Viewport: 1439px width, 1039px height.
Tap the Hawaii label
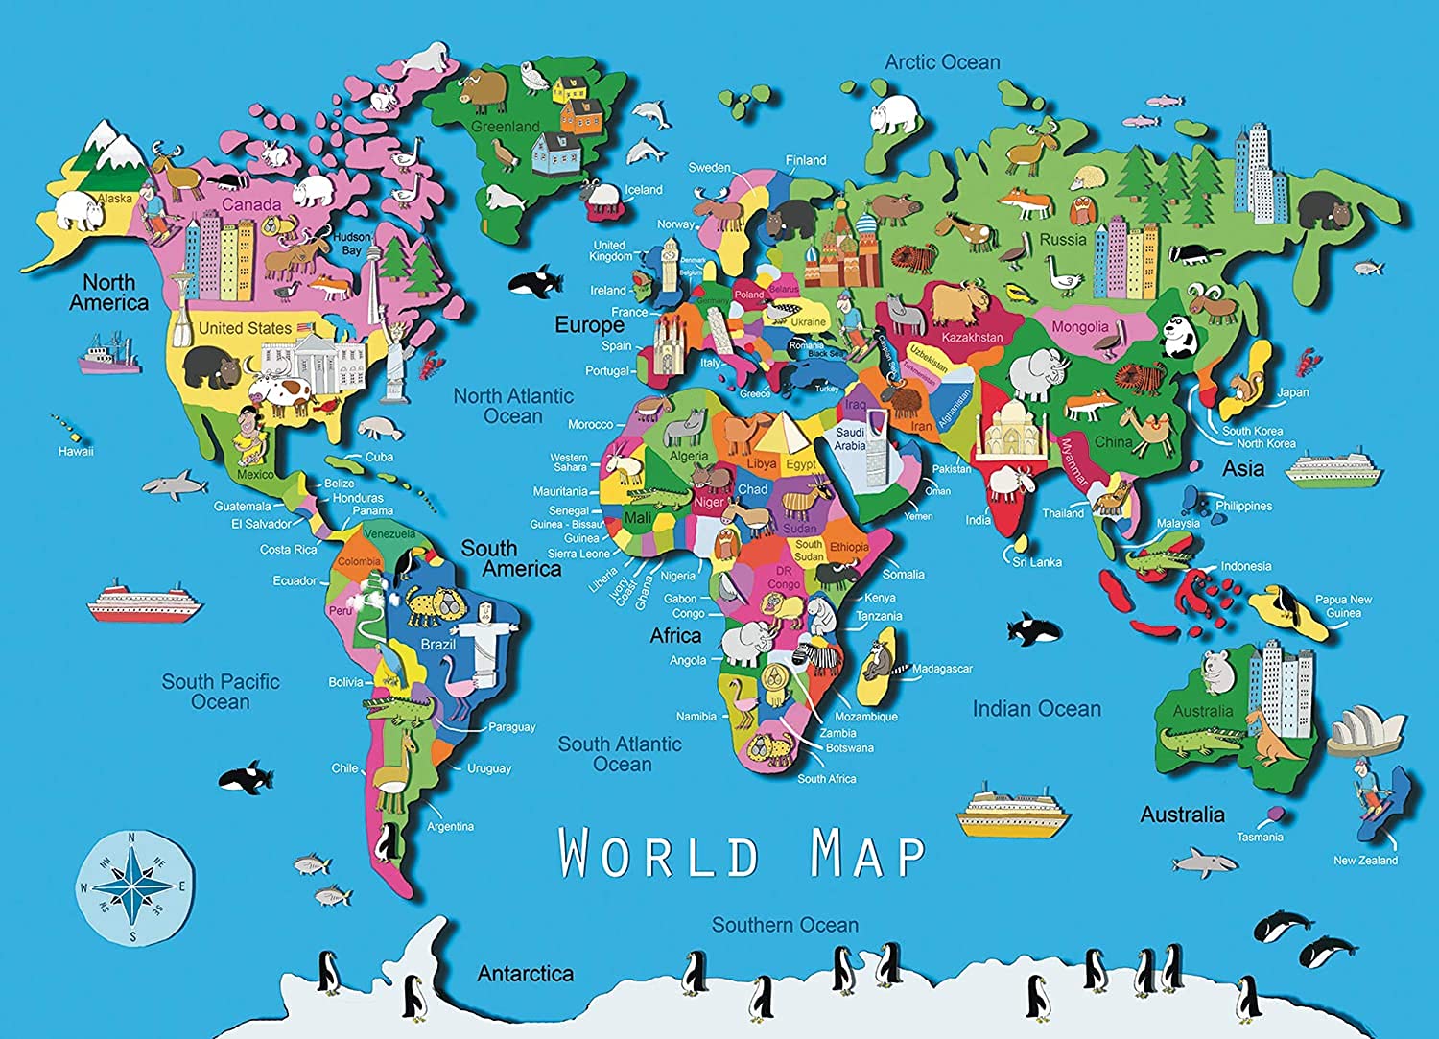coord(76,451)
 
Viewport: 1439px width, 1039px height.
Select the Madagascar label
coord(942,669)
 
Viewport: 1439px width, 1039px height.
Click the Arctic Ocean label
coord(942,62)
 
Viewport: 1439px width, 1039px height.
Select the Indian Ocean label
coord(1036,709)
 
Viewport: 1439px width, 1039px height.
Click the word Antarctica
coord(525,974)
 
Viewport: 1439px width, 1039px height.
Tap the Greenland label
coord(505,127)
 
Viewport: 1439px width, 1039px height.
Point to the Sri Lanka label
coord(1037,562)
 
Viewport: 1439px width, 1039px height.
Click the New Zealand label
coord(1365,861)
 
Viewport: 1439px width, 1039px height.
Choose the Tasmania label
coord(1259,838)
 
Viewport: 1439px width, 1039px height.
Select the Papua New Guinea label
coord(1343,605)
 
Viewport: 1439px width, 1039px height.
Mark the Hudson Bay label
coord(351,244)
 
